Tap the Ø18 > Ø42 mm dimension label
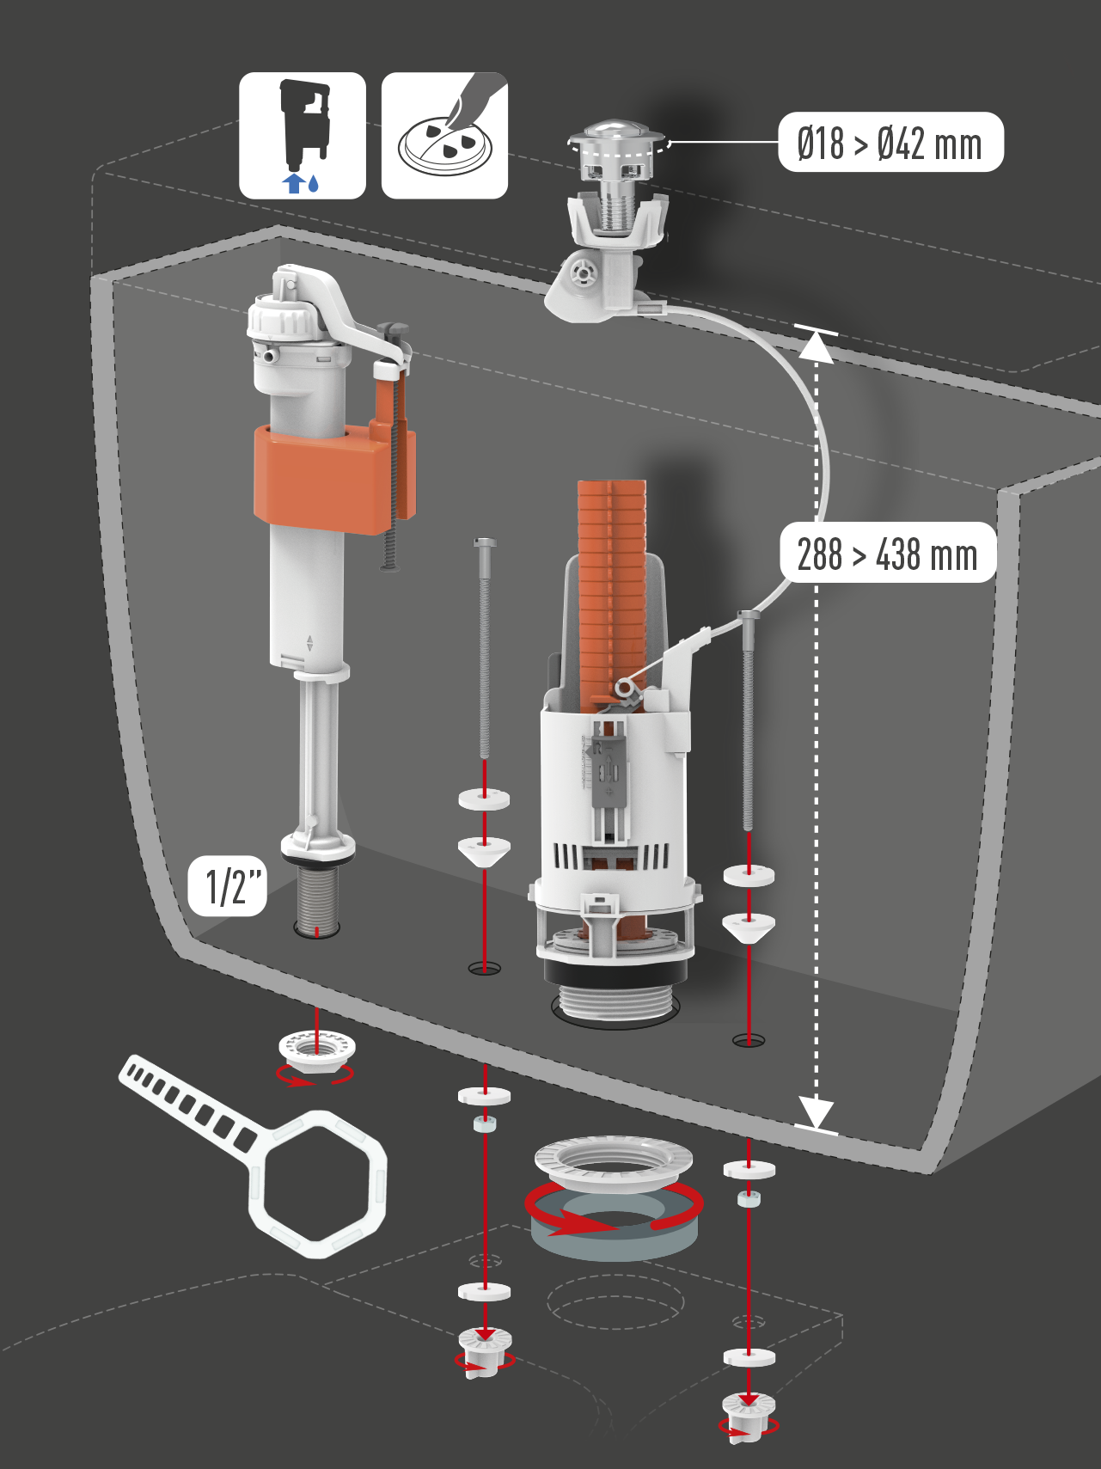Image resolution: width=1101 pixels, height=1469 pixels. coord(890,143)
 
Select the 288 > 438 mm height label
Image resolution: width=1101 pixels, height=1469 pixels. coord(888,553)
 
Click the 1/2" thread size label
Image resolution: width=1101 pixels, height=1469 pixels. coord(228,886)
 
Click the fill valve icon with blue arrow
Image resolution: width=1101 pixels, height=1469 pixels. coord(303,136)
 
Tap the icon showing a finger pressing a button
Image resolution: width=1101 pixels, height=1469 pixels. coord(445,136)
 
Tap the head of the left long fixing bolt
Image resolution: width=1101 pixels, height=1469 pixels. coord(486,543)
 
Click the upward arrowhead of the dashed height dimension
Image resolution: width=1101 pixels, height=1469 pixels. coord(817,345)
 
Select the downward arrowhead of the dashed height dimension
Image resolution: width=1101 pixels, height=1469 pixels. coord(816,1112)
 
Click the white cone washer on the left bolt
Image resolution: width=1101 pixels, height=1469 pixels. coord(485,852)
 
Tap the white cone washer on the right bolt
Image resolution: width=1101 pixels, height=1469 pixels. coord(749,927)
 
